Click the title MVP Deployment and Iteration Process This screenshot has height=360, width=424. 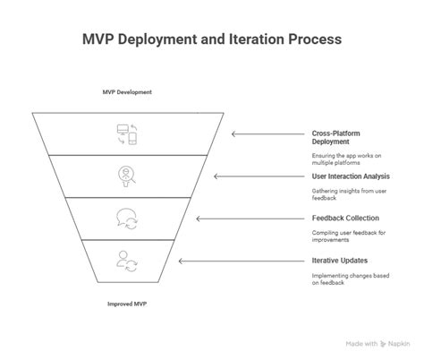[211, 41]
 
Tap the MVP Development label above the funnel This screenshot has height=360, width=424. [126, 92]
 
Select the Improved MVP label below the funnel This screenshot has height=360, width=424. [125, 304]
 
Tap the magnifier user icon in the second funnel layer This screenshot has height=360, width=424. [125, 176]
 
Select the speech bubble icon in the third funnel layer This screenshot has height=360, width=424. [125, 218]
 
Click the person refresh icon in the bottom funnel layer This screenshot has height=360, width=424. [125, 261]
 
